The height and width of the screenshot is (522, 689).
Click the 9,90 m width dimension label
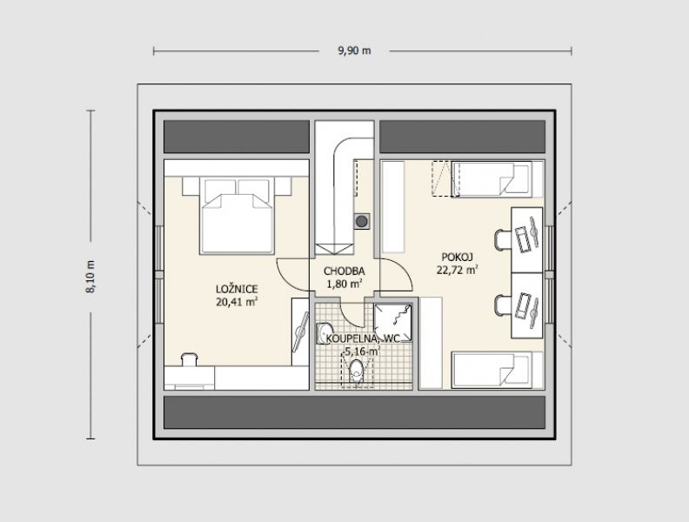click(x=354, y=50)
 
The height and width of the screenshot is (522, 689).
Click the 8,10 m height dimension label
click(x=90, y=277)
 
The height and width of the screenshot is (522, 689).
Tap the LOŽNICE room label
click(x=237, y=289)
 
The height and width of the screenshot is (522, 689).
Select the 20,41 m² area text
click(x=237, y=301)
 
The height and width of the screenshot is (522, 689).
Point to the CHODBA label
click(x=344, y=271)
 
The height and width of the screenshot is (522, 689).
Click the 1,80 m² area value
click(x=344, y=284)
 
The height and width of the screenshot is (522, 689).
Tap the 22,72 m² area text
click(x=457, y=270)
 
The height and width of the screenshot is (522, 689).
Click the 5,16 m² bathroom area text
click(x=362, y=351)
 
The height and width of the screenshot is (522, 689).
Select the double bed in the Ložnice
click(x=237, y=215)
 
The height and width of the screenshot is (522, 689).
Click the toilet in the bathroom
click(x=356, y=371)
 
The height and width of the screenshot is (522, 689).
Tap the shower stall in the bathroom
click(x=393, y=323)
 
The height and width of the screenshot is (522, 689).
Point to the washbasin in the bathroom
click(x=324, y=333)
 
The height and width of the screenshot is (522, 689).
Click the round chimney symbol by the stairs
click(x=362, y=221)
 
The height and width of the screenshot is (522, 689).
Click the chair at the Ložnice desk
click(x=189, y=359)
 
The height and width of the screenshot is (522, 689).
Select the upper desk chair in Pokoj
click(x=502, y=240)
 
